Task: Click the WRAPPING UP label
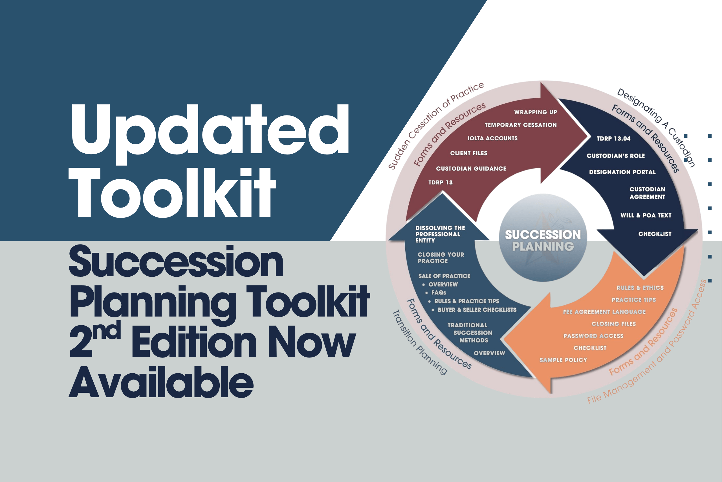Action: click(535, 112)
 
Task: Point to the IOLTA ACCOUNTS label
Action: click(492, 138)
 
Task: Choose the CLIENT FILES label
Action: click(468, 153)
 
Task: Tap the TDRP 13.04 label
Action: click(613, 139)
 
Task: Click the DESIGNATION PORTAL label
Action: click(622, 172)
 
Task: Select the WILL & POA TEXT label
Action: click(646, 215)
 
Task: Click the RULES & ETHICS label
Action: click(640, 288)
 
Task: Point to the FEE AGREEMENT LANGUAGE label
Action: click(604, 312)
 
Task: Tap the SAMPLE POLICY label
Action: click(563, 360)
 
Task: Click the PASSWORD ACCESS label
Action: click(593, 336)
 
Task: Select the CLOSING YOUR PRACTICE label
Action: click(441, 258)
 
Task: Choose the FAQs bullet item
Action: click(438, 293)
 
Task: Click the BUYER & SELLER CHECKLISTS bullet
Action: click(477, 310)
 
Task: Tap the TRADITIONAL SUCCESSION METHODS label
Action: click(473, 333)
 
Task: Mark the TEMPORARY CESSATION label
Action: click(520, 125)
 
